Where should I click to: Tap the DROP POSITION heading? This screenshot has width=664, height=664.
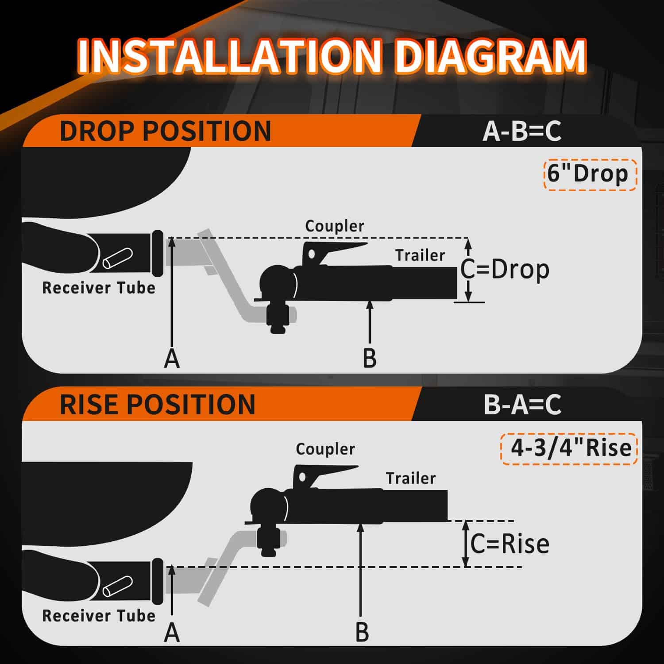165,131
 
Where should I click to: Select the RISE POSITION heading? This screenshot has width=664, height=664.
158,404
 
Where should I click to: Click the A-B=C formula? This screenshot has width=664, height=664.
522,131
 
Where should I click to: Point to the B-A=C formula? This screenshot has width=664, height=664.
523,404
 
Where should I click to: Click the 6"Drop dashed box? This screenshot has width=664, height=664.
590,174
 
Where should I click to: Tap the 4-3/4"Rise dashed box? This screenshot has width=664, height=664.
569,448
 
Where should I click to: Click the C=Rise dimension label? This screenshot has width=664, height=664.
510,544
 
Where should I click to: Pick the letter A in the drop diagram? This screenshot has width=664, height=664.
172,359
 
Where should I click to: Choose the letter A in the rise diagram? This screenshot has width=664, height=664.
172,633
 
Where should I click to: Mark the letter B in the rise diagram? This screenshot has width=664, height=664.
362,633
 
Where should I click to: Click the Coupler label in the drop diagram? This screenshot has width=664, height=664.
335,226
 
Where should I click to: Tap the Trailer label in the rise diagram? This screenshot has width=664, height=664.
411,478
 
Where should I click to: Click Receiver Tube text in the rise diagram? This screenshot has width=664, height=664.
99,616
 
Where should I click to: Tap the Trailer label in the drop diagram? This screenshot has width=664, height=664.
420,255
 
